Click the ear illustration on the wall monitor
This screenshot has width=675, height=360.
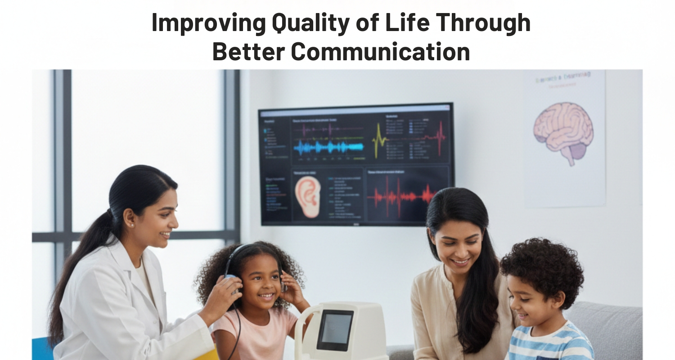(308, 196)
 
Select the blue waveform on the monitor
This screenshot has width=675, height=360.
(328, 147)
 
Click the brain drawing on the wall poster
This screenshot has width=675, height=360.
(563, 130)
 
